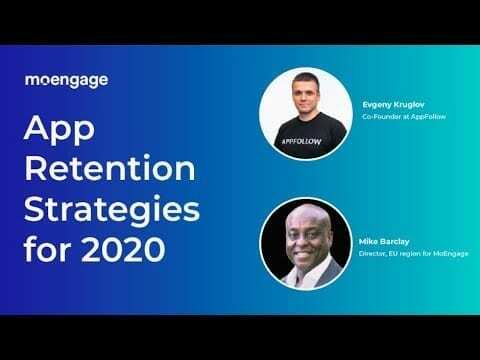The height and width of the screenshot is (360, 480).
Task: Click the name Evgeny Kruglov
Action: [387, 104]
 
